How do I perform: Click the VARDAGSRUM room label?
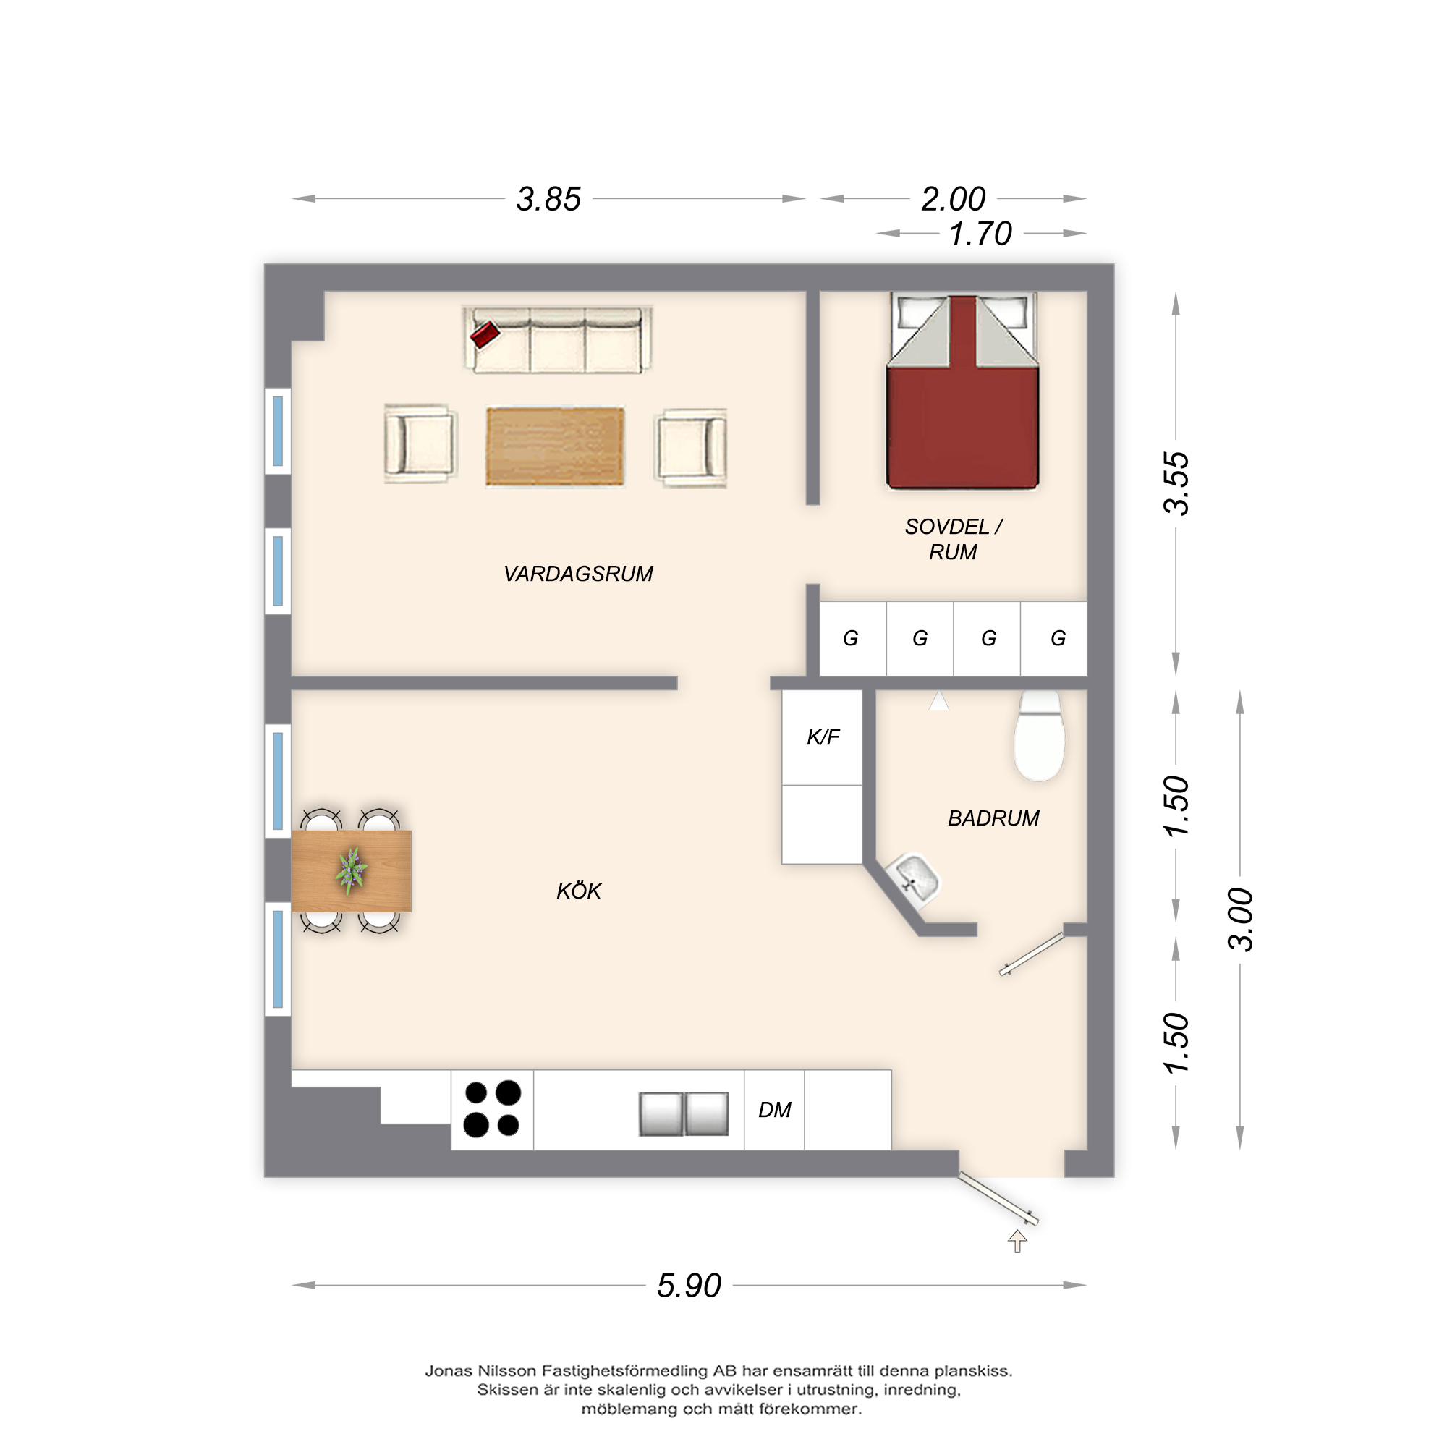[x=578, y=574]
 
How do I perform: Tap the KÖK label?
[x=579, y=891]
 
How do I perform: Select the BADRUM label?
[x=993, y=818]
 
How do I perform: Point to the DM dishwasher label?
[x=774, y=1110]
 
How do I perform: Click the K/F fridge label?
[x=823, y=737]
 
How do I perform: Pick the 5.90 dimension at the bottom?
[x=689, y=1286]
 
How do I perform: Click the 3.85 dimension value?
[x=548, y=199]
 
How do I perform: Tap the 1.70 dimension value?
[x=980, y=234]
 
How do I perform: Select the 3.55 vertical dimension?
[x=1176, y=483]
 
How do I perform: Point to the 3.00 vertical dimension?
[x=1240, y=919]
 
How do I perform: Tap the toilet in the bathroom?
[x=1040, y=736]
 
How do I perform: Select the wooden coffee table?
[x=555, y=446]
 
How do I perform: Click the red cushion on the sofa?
[x=485, y=334]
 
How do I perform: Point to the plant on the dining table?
[x=350, y=871]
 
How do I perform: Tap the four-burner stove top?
[x=492, y=1109]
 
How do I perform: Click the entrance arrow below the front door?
[x=1017, y=1241]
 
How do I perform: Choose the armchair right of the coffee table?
[x=691, y=448]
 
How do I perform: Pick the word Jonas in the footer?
[x=448, y=1371]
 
